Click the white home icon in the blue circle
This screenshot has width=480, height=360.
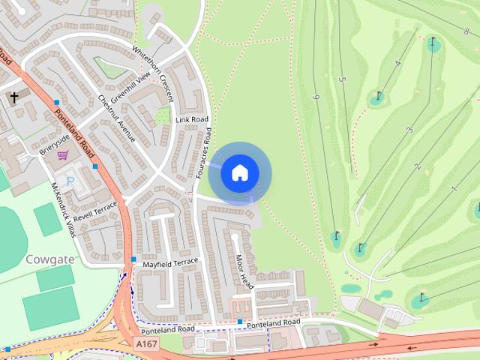tap(239, 172)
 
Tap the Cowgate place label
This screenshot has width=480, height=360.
tap(49, 259)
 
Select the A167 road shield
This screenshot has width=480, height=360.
tap(147, 343)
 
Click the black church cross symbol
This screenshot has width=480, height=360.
tap(13, 97)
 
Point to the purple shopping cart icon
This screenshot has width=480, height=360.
tap(63, 155)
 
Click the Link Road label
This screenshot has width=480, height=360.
tap(191, 120)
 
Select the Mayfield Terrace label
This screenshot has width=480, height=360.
tap(171, 263)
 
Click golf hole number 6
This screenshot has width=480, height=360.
tap(316, 97)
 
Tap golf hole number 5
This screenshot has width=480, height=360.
tap(341, 79)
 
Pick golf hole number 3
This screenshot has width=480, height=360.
tap(409, 130)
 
